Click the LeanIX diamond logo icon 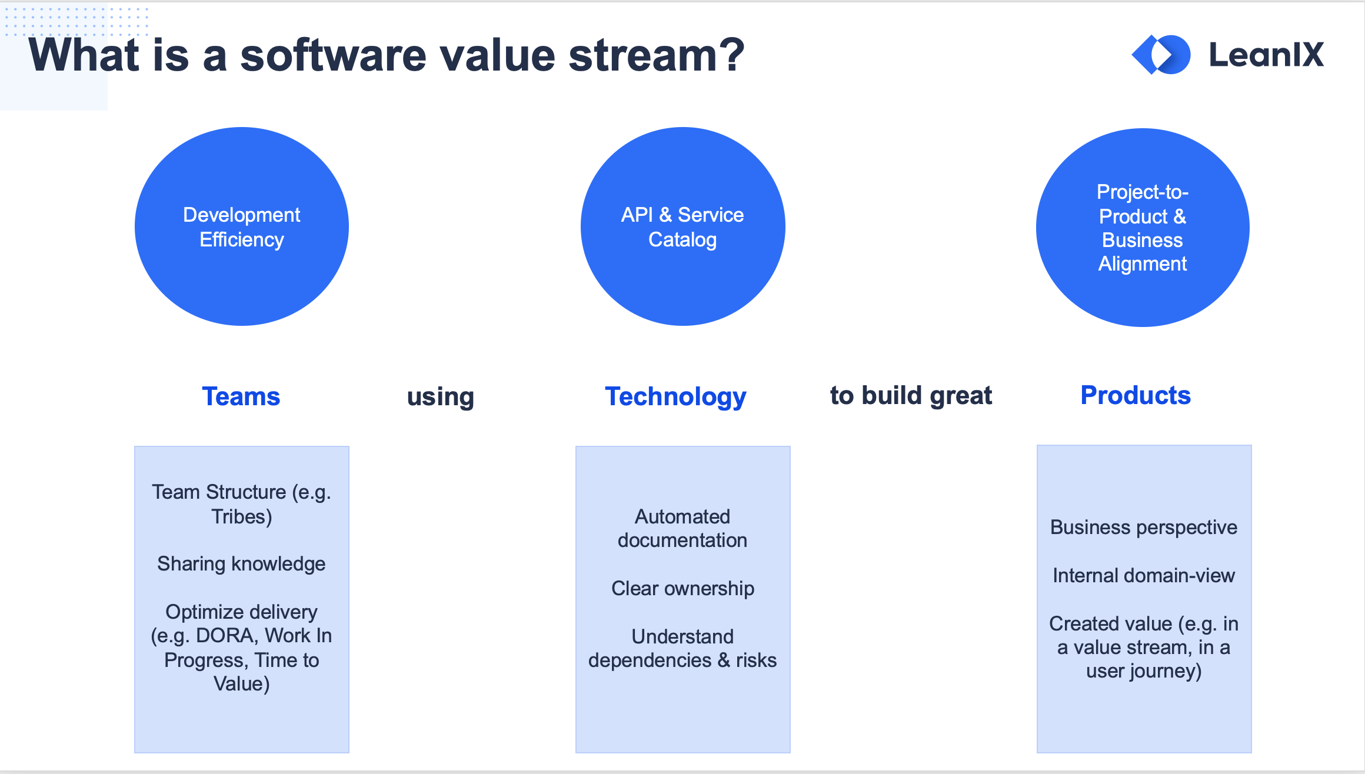(x=1161, y=55)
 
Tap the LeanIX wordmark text (x=1266, y=55)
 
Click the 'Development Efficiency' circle (x=242, y=226)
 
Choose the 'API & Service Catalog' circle (x=682, y=226)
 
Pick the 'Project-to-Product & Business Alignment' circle (x=1143, y=228)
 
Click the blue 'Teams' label (x=241, y=396)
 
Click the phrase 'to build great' (x=911, y=396)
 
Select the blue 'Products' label (x=1136, y=395)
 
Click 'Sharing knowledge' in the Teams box (x=241, y=564)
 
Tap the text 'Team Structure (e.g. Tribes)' (x=241, y=504)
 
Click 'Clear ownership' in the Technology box (x=682, y=589)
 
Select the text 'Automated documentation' (x=682, y=528)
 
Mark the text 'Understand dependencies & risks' (x=682, y=649)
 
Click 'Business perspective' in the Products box (x=1144, y=528)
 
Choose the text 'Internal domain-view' (x=1144, y=575)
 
